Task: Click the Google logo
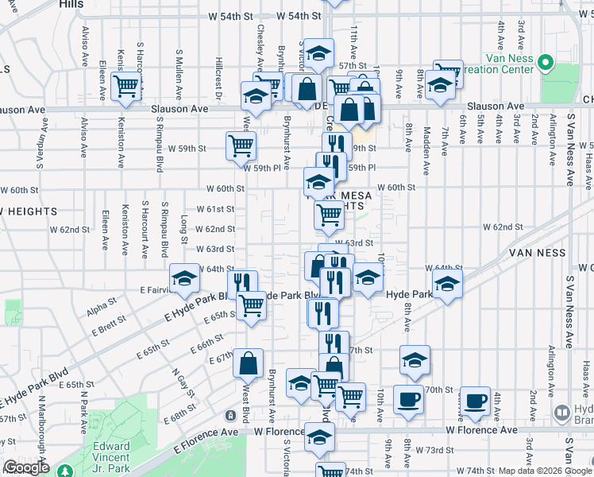25,468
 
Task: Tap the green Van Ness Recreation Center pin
546,62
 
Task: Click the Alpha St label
102,308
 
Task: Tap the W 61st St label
219,209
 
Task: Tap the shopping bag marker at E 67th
248,363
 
